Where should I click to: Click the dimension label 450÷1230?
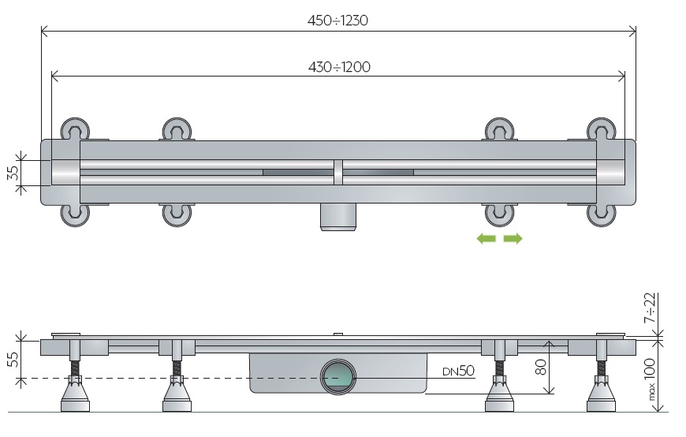tap(337, 21)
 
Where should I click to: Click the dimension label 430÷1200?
tap(339, 67)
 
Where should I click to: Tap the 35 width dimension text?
tap(13, 172)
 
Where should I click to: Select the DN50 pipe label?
tap(458, 371)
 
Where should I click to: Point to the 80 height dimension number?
tap(541, 367)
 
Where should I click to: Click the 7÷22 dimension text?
tap(651, 308)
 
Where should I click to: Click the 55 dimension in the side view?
tap(13, 360)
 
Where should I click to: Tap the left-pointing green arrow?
tap(486, 239)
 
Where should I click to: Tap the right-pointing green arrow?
tap(513, 239)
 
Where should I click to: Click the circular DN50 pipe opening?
tap(338, 377)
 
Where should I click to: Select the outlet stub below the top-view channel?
tap(338, 217)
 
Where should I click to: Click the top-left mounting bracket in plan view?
tap(75, 129)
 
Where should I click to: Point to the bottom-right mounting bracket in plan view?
tap(602, 215)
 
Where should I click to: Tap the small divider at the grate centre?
tap(338, 172)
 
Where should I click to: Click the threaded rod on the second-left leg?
tap(177, 367)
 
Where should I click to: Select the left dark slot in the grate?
tap(298, 173)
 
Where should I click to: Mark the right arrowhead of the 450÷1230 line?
tap(632, 31)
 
